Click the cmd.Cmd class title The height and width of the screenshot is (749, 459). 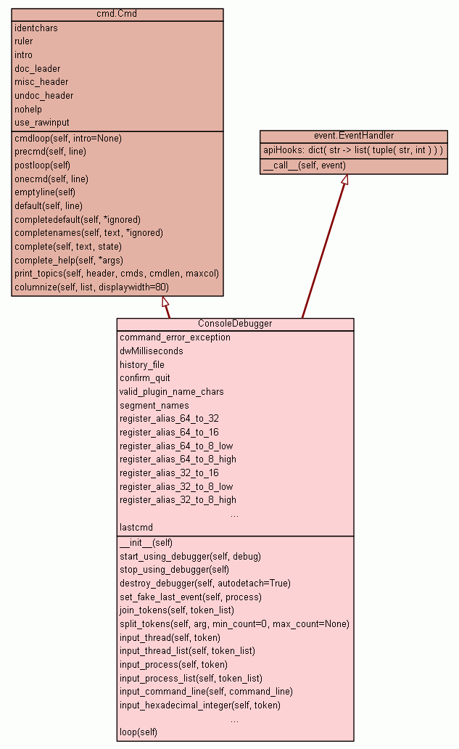[117, 14]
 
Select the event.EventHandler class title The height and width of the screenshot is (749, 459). [354, 136]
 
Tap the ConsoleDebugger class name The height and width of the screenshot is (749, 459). [235, 324]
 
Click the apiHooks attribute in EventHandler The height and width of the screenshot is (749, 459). [354, 150]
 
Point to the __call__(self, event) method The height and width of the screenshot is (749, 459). [305, 165]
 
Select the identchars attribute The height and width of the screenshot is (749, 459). [36, 28]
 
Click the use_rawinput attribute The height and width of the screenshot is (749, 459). [42, 123]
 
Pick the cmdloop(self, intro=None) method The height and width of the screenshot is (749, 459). [68, 138]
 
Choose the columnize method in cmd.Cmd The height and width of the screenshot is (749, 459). [91, 287]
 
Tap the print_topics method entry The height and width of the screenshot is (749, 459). [117, 274]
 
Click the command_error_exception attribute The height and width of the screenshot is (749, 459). [175, 337]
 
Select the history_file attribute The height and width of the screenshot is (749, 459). [142, 364]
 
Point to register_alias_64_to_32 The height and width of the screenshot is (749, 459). [169, 419]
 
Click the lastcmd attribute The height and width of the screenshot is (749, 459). [136, 527]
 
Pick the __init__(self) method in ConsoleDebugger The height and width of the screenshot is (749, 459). [146, 542]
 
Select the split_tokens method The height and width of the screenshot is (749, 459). [234, 623]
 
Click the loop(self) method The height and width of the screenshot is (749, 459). [138, 732]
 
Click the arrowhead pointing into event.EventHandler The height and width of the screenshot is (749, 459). [344, 179]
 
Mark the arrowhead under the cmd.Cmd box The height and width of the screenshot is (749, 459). [165, 301]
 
